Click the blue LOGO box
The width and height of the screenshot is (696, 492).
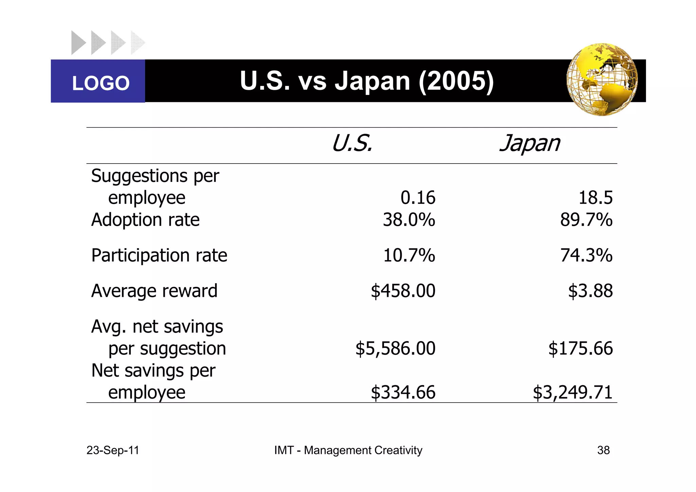pos(98,81)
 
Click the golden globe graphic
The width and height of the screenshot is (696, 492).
pos(602,80)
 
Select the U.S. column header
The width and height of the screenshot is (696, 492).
pos(352,143)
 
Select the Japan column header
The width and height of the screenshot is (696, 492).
pos(529,143)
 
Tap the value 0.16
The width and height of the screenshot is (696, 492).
pos(418,198)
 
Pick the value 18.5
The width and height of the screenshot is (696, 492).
pos(595,198)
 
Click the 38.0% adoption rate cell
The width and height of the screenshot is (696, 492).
pos(409,220)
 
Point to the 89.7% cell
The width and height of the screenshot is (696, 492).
pos(586,220)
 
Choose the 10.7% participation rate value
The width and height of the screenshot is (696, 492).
pos(409,255)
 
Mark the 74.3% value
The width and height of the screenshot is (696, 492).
pos(586,255)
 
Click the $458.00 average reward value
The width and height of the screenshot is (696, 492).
pos(403,291)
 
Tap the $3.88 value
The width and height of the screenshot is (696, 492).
pos(590,291)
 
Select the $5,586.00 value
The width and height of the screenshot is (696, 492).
pos(395,349)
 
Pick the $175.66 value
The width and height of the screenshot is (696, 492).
pos(580,349)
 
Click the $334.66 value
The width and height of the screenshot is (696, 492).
pos(403,392)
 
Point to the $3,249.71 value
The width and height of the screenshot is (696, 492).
pos(573,392)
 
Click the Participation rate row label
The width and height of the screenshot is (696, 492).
pos(159,255)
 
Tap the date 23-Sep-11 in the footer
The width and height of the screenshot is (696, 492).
pos(113,450)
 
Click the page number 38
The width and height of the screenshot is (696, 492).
pos(603,450)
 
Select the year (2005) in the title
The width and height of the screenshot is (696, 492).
pos(456,81)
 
